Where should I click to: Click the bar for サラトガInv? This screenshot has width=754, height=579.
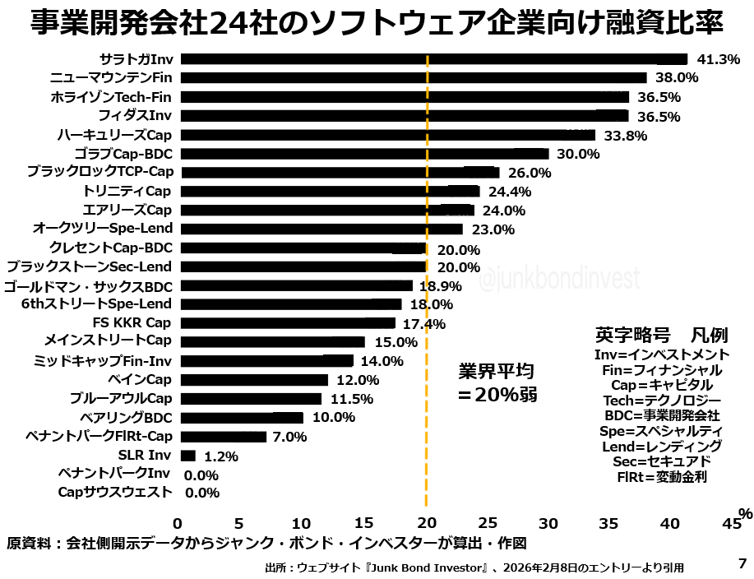pyautogui.click(x=433, y=59)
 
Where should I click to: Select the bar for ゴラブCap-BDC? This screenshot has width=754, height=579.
pyautogui.click(x=364, y=154)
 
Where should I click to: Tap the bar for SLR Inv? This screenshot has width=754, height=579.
pyautogui.click(x=187, y=456)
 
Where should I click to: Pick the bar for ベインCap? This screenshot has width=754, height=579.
pyautogui.click(x=254, y=380)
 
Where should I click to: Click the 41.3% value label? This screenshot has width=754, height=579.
pyautogui.click(x=718, y=60)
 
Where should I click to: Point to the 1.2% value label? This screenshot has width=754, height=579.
pyautogui.click(x=220, y=456)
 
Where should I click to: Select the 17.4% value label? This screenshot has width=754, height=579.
pyautogui.click(x=423, y=324)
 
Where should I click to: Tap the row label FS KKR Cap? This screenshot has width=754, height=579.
pyautogui.click(x=132, y=323)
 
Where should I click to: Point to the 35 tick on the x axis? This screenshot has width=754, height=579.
pyautogui.click(x=609, y=523)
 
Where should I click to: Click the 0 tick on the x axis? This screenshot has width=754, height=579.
pyautogui.click(x=178, y=523)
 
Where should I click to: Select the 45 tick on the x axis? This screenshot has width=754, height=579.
pyautogui.click(x=731, y=523)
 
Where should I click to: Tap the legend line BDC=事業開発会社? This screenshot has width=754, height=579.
pyautogui.click(x=661, y=415)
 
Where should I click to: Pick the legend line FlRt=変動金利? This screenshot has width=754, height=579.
pyautogui.click(x=661, y=476)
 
